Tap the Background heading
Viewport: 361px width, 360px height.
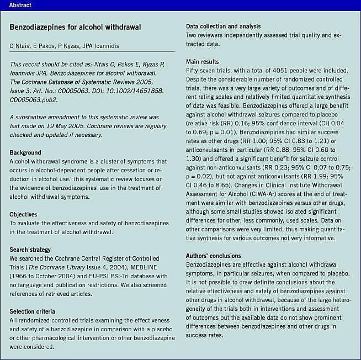[26, 152]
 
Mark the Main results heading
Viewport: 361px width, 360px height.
[202, 62]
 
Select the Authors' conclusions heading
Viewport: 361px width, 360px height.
[213, 256]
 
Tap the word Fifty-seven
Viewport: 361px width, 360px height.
[203, 70]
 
